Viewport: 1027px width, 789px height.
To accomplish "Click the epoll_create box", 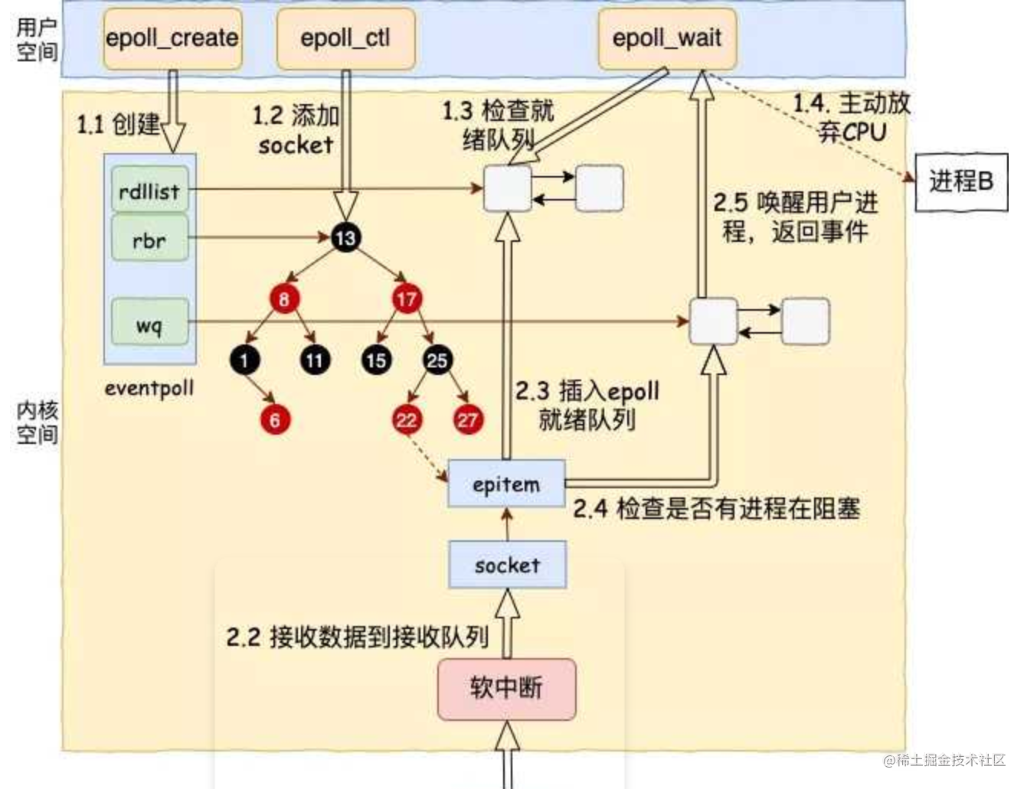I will click(172, 38).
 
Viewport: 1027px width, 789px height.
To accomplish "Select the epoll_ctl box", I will click(345, 38).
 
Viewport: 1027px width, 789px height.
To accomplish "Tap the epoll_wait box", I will click(666, 38).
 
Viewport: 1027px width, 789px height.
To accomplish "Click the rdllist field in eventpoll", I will click(149, 191).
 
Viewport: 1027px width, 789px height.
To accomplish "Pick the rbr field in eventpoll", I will click(149, 240).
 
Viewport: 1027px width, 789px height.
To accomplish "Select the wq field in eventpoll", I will click(149, 324).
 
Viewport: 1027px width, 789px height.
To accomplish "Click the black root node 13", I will click(345, 238).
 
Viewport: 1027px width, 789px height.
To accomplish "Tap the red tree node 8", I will click(284, 298).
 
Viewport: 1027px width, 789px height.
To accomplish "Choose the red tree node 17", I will click(407, 298).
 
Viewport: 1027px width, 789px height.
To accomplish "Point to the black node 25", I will click(437, 360).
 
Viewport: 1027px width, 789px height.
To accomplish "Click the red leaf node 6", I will click(275, 419).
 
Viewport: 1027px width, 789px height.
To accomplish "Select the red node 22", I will click(407, 419).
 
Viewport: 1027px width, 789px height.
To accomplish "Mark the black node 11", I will click(315, 360).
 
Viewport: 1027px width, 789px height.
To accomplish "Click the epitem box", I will click(506, 484).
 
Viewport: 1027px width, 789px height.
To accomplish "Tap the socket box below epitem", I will click(507, 565).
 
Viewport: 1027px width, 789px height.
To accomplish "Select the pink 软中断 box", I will click(506, 689).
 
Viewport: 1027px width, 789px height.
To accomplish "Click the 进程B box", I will click(961, 181).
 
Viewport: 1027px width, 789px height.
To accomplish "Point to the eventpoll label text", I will click(149, 388).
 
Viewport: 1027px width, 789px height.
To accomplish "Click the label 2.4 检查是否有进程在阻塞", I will click(716, 509).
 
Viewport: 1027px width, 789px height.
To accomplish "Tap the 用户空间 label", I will click(36, 40).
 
